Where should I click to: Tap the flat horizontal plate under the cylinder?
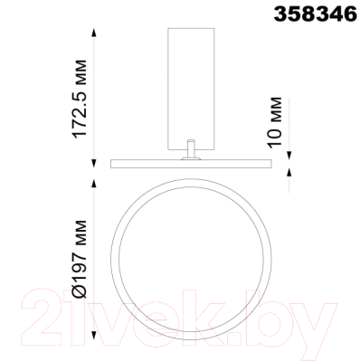click(192, 164)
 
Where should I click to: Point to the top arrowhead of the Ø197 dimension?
click(95, 178)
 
